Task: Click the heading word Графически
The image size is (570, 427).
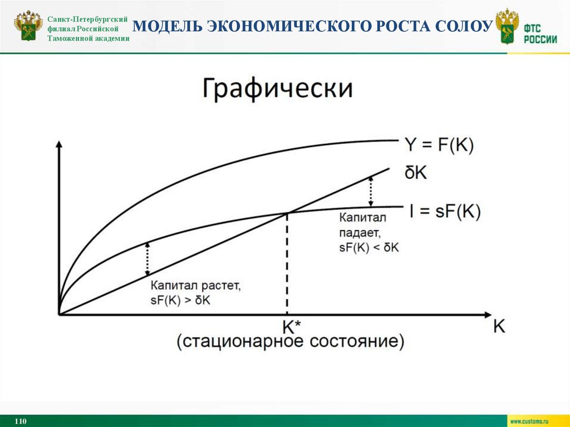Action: [277, 89]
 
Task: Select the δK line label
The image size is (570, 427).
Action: [416, 173]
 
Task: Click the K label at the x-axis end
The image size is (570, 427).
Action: [499, 326]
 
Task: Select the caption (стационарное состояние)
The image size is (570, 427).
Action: [291, 341]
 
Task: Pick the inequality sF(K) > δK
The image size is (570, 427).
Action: [183, 301]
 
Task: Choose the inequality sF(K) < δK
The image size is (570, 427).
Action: [368, 248]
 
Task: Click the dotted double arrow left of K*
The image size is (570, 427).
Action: [148, 259]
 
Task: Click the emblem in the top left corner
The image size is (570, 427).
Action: [28, 26]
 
